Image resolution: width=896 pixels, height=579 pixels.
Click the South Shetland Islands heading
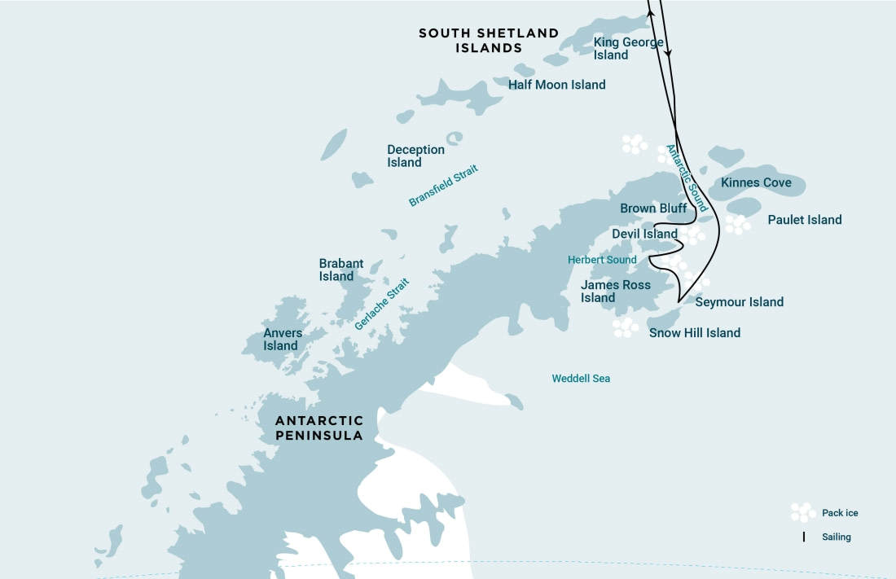[x=489, y=41]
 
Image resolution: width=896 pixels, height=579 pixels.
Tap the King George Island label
[x=628, y=49]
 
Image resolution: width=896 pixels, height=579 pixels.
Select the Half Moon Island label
[x=556, y=85]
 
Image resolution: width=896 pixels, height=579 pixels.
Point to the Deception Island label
[x=415, y=156]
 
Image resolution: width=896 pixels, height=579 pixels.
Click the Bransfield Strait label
[x=443, y=186]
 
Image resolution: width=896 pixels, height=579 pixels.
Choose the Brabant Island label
[x=340, y=270]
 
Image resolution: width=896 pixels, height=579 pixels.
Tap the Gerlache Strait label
[x=382, y=304]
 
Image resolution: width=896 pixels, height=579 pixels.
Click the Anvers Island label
[x=282, y=340]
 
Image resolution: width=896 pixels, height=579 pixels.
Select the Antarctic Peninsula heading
[x=318, y=428]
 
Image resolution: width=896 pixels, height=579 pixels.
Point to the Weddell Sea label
[x=580, y=379]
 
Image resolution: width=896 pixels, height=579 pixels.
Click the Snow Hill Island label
[x=694, y=333]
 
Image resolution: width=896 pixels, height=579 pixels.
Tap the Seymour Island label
[x=739, y=302]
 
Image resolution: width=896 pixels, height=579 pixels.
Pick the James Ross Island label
[x=615, y=292]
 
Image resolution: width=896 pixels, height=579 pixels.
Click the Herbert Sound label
[x=602, y=260]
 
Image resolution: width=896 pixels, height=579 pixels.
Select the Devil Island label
[x=644, y=235]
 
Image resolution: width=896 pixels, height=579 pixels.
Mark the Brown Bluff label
[x=653, y=208]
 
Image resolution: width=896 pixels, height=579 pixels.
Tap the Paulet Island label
[x=804, y=220]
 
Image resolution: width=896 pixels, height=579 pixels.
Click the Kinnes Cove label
[x=755, y=182]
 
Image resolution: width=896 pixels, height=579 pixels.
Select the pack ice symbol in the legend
[x=803, y=512]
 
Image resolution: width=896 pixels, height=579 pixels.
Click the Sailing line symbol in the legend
[x=804, y=537]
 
